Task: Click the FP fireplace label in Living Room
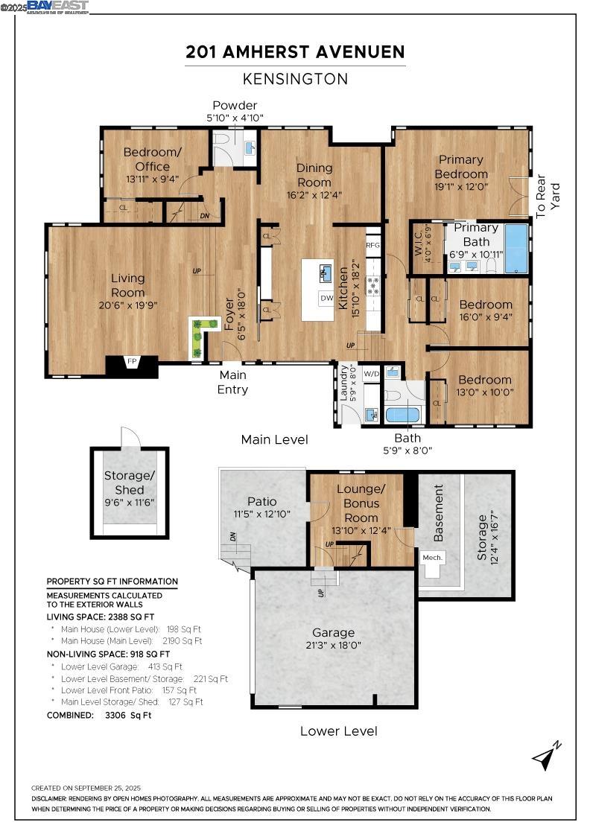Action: point(132,362)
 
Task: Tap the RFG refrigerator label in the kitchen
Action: point(372,245)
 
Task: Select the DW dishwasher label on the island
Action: point(327,298)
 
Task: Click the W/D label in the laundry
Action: point(371,374)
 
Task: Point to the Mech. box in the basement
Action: point(433,557)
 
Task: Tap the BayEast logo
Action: point(57,7)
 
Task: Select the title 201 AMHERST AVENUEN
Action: point(295,52)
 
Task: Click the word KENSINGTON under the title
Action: point(295,79)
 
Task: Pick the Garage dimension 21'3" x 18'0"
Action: point(333,646)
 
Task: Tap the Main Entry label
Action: point(232,382)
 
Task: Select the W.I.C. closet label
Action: point(419,242)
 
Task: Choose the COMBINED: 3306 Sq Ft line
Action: point(99,715)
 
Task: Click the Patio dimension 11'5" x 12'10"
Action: point(261,514)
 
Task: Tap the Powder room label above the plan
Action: point(235,105)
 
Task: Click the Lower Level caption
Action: point(338,730)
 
